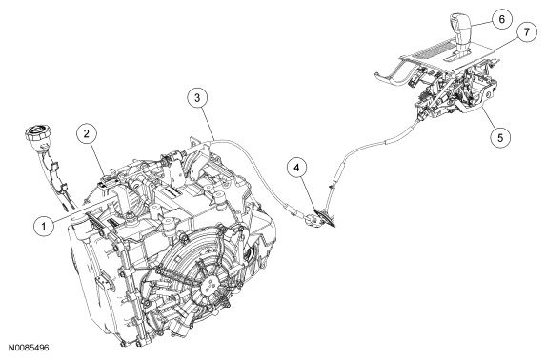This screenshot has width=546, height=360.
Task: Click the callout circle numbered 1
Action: point(44,227)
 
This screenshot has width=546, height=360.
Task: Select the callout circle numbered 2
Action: point(87,133)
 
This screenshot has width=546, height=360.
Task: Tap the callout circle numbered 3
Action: point(197,97)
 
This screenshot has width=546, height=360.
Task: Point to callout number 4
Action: point(296,168)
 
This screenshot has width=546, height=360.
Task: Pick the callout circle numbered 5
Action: point(500,137)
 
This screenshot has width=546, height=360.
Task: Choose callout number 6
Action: point(502,19)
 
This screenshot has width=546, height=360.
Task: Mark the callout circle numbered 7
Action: point(526,32)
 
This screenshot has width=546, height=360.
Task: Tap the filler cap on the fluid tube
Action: point(38,134)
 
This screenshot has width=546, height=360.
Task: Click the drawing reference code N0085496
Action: point(29,348)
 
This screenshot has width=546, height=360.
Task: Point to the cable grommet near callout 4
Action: point(323,218)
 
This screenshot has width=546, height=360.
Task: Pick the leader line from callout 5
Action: point(488,118)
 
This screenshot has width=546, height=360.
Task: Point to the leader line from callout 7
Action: point(506,44)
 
